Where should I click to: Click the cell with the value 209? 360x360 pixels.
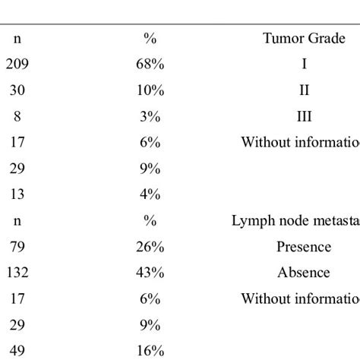click(17, 65)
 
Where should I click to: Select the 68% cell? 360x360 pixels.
click(150, 65)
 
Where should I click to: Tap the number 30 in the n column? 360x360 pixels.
click(17, 90)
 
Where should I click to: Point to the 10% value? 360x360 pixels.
click(150, 90)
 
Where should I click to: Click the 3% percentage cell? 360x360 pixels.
click(150, 116)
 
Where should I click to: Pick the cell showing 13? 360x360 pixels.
click(17, 194)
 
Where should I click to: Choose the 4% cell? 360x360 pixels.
click(150, 194)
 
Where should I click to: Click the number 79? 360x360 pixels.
click(17, 246)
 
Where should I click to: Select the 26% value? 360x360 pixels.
click(150, 246)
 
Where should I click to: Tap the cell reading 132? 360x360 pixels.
click(17, 272)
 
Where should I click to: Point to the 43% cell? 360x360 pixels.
click(150, 272)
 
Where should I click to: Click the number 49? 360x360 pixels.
click(17, 350)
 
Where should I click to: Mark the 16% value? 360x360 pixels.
click(150, 350)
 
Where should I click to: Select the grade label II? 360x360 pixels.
click(304, 90)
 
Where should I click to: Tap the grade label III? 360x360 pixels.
click(304, 116)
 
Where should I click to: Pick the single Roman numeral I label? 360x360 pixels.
click(304, 65)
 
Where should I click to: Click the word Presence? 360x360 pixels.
click(304, 246)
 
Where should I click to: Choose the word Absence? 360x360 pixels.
click(304, 272)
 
